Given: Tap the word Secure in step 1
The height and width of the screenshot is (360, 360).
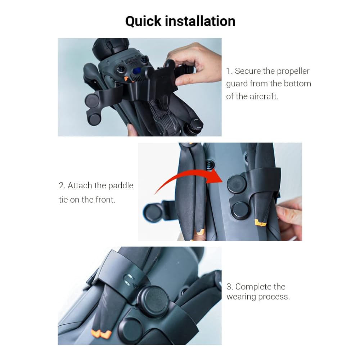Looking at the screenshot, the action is tap(248, 71).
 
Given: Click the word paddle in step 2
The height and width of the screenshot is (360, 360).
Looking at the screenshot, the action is tap(121, 186).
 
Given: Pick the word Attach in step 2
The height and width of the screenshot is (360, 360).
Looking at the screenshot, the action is tap(80, 185).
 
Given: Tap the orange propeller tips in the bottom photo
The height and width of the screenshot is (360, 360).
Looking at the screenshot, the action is tap(101, 334).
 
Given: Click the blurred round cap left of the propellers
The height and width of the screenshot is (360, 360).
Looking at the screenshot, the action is tap(152, 213).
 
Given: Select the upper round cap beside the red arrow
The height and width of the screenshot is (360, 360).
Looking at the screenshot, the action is tap(237, 184).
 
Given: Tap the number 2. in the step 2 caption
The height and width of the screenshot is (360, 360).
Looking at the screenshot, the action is tap(62, 185).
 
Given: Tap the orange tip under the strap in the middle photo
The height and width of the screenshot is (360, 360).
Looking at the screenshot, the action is tap(261, 223).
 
